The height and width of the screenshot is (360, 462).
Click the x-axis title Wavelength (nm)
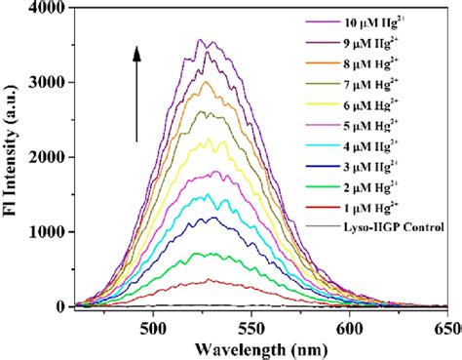tap(250, 348)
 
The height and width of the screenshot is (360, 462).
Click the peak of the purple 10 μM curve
tap(200, 40)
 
